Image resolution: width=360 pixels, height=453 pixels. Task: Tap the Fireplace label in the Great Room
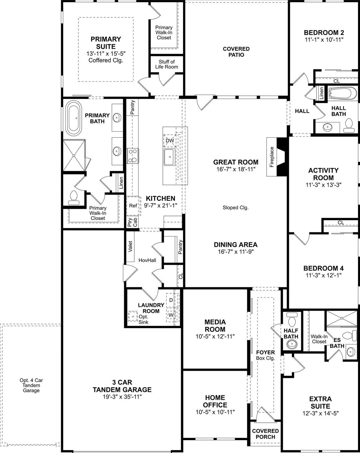[272, 157]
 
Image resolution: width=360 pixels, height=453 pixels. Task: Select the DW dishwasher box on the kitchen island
[170, 141]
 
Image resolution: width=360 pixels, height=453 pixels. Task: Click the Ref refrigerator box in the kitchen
[133, 206]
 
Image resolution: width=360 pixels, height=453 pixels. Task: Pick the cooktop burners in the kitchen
[133, 156]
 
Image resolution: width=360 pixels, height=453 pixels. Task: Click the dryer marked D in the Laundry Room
[171, 300]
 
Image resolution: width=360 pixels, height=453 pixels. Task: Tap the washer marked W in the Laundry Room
[171, 315]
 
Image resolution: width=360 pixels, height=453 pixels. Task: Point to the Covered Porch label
[265, 434]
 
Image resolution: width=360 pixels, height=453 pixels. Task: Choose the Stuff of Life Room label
[167, 64]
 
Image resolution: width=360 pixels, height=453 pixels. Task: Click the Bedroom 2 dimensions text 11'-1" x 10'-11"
[324, 40]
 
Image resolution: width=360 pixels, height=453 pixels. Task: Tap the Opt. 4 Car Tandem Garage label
[31, 385]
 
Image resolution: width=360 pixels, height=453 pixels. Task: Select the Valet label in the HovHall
[131, 247]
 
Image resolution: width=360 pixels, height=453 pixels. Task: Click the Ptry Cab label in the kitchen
[133, 222]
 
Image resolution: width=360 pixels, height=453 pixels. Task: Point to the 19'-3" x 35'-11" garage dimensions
[122, 397]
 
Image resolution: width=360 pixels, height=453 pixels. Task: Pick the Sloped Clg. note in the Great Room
[235, 208]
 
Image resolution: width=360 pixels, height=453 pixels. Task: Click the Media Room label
[215, 326]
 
